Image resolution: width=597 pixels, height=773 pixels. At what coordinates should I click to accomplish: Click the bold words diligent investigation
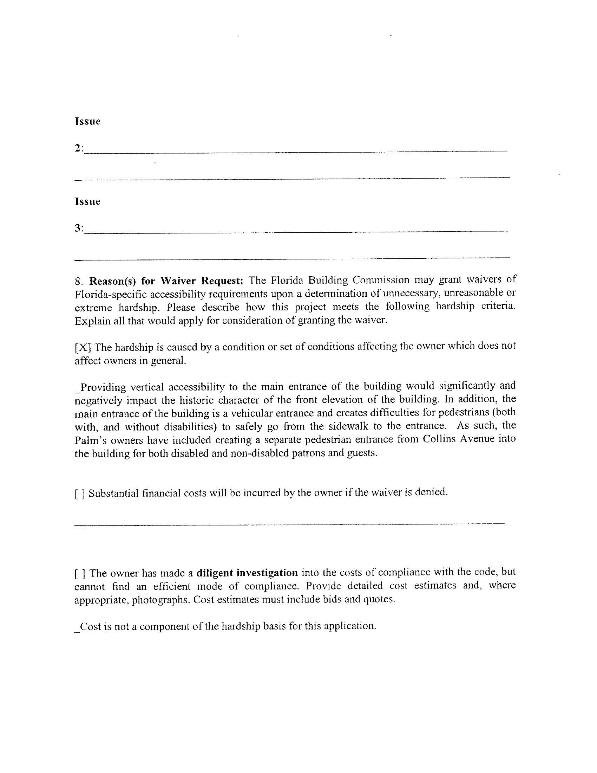[247, 573]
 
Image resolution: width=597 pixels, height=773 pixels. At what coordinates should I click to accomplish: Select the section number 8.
[79, 281]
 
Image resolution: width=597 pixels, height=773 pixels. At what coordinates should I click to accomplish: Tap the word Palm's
[88, 441]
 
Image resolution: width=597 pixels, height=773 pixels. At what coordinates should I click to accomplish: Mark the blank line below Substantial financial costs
[289, 523]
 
